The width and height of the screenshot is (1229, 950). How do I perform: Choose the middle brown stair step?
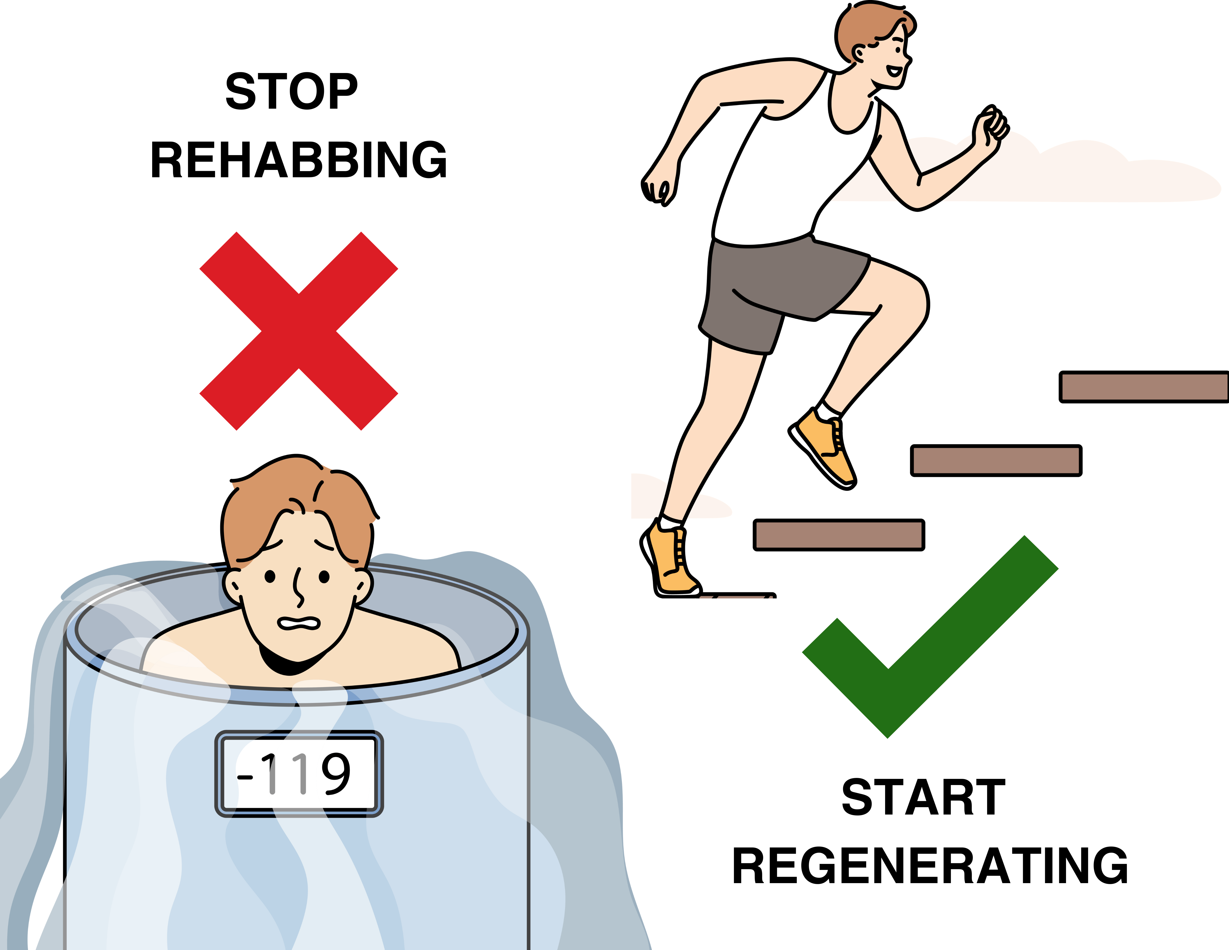995,460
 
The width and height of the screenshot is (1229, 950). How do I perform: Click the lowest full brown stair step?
838,535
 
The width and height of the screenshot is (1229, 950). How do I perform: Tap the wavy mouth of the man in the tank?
298,623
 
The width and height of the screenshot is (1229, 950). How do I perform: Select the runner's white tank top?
788,169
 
